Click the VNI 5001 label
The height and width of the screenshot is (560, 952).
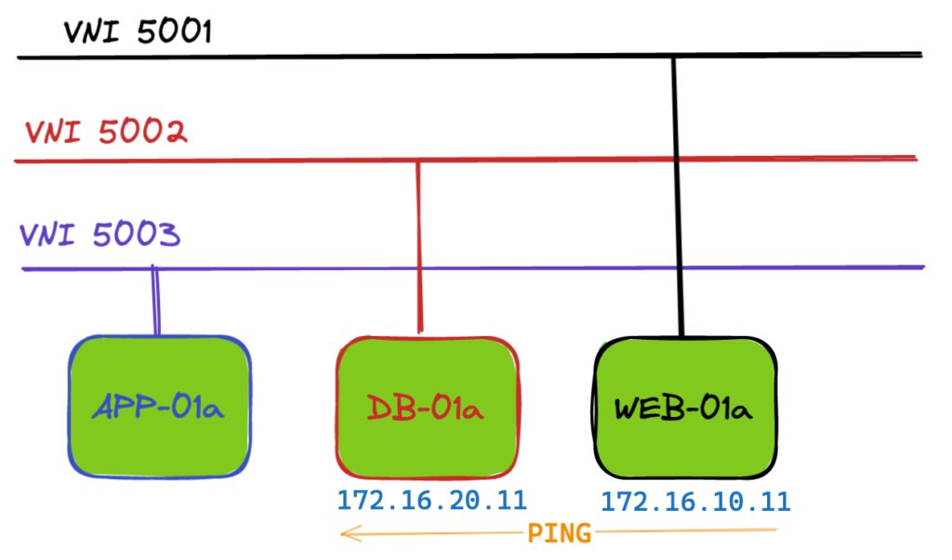pos(138,32)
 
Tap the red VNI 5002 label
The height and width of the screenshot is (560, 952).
pos(106,132)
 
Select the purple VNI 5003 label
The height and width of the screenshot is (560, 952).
pos(100,234)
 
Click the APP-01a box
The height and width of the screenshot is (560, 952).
pos(160,407)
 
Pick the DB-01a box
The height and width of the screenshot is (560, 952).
pos(428,407)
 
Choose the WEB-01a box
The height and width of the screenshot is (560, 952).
pos(685,408)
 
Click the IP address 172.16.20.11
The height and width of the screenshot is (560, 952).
pos(431,501)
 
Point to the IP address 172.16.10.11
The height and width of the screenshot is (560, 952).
pos(695,501)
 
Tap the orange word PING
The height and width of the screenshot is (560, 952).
pos(559,533)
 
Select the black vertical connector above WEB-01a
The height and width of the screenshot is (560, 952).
pos(678,197)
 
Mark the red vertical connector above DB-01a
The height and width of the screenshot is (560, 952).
pos(419,247)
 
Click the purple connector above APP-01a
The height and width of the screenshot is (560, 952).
pos(155,301)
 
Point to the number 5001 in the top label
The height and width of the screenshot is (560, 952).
pos(174,32)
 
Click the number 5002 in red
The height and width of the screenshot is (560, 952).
pos(142,132)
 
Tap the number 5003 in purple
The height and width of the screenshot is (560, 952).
pos(137,234)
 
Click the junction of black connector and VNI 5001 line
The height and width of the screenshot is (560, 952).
pos(673,57)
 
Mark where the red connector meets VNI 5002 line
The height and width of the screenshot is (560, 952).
pos(417,161)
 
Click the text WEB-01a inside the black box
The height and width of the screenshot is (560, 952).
pos(683,409)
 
